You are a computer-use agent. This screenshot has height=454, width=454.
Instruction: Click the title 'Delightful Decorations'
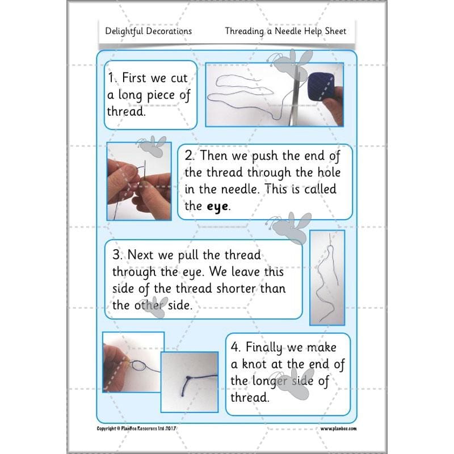149,31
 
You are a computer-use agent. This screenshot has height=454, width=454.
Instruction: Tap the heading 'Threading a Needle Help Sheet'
285,31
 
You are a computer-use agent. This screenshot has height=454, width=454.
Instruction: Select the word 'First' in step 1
138,79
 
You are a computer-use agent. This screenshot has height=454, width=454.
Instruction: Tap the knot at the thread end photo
190,382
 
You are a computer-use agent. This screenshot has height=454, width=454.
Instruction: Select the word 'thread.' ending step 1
127,111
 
